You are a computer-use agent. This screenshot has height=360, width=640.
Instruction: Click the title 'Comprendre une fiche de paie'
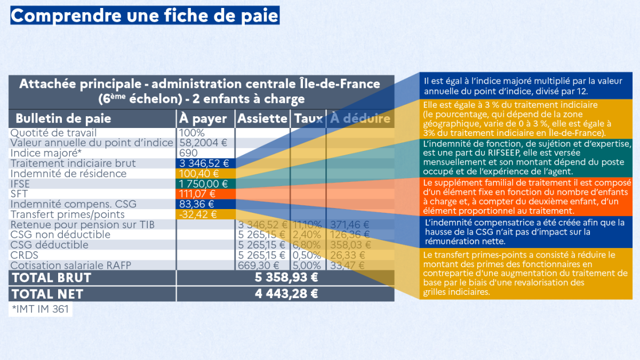tap(145, 15)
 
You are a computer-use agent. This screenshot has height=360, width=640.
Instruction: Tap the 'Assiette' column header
tap(262, 118)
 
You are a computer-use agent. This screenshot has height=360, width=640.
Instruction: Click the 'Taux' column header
tap(308, 118)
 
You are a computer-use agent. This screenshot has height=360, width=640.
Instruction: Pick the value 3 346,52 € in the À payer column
tap(204, 163)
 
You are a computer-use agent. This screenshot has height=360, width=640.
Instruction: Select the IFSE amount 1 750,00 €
tap(204, 183)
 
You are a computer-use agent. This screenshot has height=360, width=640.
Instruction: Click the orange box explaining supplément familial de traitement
tap(525, 197)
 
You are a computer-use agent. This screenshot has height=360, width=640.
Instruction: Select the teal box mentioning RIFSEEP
tap(525, 158)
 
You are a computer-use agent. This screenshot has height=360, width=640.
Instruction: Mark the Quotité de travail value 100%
tap(192, 132)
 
